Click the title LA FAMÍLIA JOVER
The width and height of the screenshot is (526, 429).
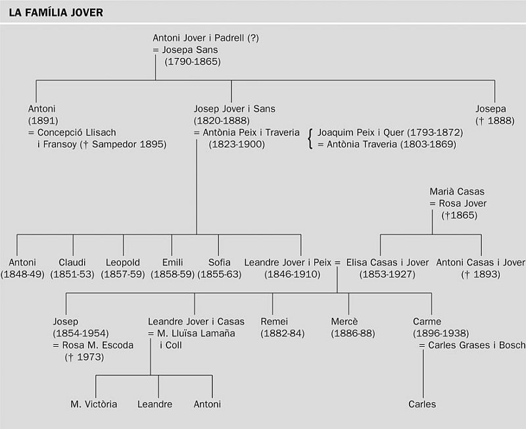[x=56, y=13]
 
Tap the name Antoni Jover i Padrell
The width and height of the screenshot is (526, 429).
[x=199, y=38]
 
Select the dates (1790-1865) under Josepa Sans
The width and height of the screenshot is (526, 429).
[x=193, y=62]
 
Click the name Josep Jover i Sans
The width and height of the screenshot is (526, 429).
[x=234, y=109]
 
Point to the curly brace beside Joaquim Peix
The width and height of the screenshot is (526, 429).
[x=310, y=138]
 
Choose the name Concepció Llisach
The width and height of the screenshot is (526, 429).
[x=76, y=132]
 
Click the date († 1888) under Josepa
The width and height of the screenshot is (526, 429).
[x=495, y=120]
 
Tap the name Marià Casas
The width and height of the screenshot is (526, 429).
[x=457, y=191]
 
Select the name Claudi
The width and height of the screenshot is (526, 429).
[x=72, y=262]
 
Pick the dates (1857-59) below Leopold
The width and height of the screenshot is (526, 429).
[x=123, y=274]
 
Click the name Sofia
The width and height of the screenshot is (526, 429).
[x=220, y=262]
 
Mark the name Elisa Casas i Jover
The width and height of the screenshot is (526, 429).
[x=387, y=262]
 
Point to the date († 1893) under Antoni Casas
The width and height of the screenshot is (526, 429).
[x=481, y=274]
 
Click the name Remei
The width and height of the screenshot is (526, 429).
[x=274, y=321]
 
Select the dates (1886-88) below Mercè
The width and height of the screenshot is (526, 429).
[x=353, y=334]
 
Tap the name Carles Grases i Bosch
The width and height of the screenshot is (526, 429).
[x=477, y=345]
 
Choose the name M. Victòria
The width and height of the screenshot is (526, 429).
[x=93, y=404]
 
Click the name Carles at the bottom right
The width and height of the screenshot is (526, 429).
[x=422, y=404]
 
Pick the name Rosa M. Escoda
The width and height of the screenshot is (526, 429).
[x=97, y=345]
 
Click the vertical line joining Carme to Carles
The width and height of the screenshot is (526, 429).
[x=423, y=374]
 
